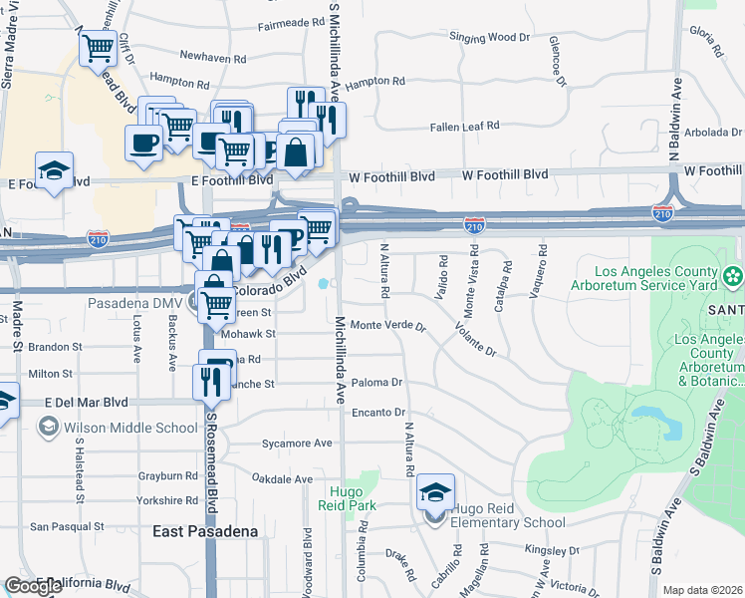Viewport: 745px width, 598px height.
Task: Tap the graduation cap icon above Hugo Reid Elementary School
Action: click(x=435, y=491)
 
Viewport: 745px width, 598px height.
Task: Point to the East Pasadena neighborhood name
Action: click(x=205, y=531)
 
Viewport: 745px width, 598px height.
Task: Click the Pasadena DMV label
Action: click(x=130, y=302)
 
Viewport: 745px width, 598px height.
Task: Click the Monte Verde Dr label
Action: click(x=388, y=326)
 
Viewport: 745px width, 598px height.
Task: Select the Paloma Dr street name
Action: click(x=376, y=383)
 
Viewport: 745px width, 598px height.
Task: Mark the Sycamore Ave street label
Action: click(x=295, y=443)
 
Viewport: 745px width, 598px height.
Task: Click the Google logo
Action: click(x=34, y=586)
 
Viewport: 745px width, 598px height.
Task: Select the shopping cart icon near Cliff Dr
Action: click(x=98, y=47)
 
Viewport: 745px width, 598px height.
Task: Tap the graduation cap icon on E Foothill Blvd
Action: click(x=54, y=167)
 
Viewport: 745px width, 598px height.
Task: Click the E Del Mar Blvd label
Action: click(x=87, y=403)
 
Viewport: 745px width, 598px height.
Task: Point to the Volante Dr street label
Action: click(x=474, y=339)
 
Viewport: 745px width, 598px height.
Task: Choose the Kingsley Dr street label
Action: click(x=552, y=549)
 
